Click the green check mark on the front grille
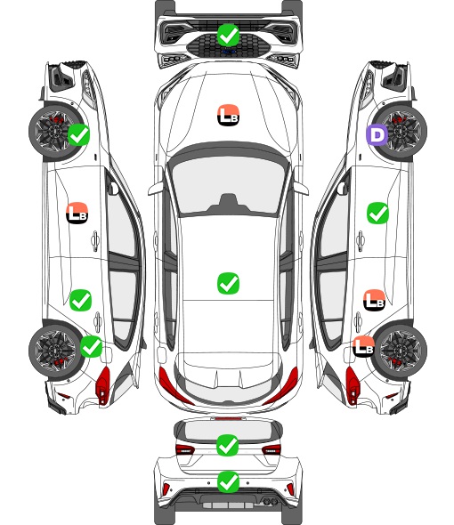(x=228, y=35)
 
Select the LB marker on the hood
(x=228, y=116)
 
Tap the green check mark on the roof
(x=228, y=283)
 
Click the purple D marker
(x=377, y=135)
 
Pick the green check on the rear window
(x=228, y=445)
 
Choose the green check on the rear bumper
(x=228, y=481)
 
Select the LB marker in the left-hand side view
(x=77, y=213)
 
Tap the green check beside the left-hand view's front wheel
(x=78, y=134)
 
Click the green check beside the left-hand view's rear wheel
(x=92, y=346)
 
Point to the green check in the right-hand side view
(x=378, y=213)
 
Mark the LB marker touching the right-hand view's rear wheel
(x=363, y=346)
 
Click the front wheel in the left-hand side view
(x=55, y=132)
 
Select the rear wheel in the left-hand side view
(x=55, y=351)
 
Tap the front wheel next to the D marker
(x=400, y=132)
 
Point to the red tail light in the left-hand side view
(x=103, y=385)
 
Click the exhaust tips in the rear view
(x=271, y=502)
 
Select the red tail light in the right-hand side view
(x=353, y=385)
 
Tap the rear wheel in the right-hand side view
(x=400, y=351)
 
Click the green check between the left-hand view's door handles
(x=80, y=301)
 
